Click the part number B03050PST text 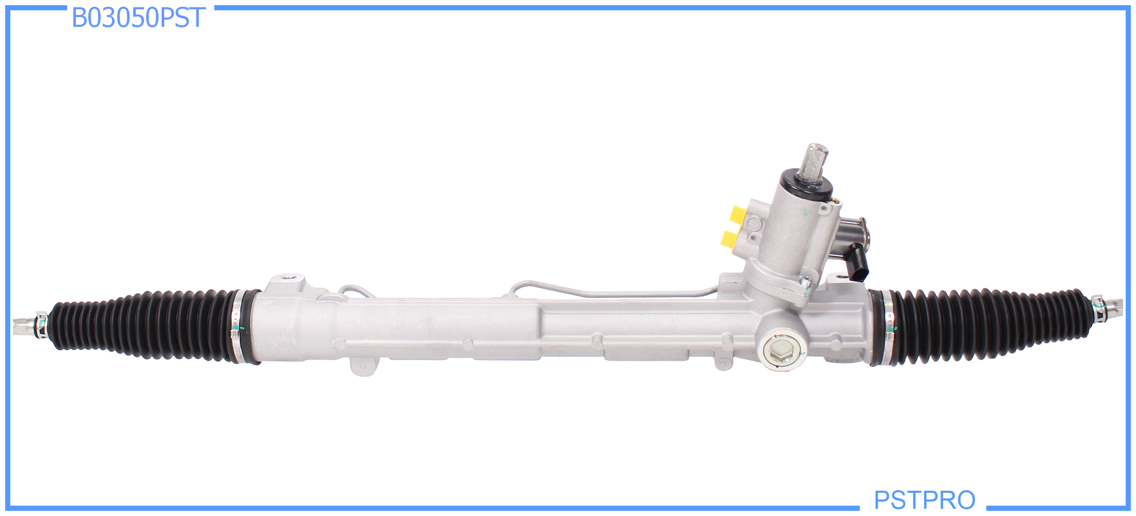tap(138, 18)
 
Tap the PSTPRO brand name tap(924, 499)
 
